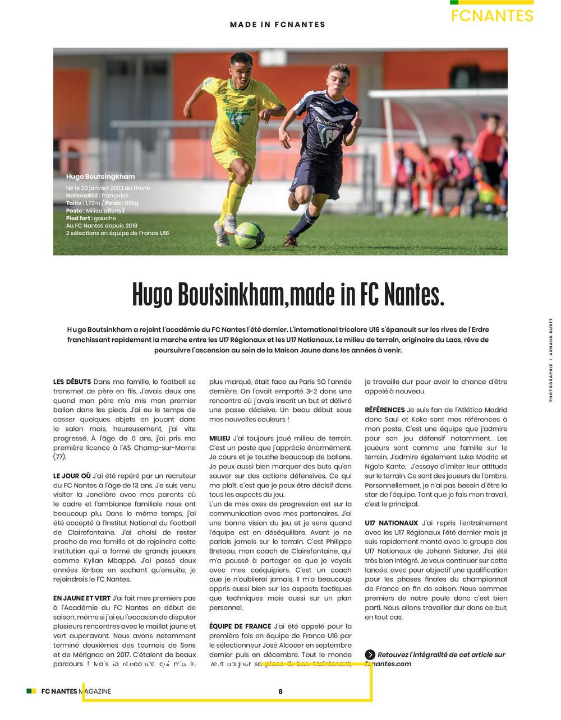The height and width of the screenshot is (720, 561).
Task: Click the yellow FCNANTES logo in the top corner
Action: click(491, 16)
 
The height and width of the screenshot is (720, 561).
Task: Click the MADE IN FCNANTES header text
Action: click(278, 25)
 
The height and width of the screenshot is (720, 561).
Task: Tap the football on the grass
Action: click(249, 235)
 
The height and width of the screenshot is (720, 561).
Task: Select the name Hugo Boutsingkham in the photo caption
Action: click(100, 176)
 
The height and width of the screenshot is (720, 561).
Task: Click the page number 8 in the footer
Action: click(280, 691)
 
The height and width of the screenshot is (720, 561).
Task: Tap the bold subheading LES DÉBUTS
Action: click(72, 382)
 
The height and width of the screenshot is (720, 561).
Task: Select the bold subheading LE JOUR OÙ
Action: click(72, 476)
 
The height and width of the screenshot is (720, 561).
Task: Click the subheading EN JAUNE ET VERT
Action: click(82, 598)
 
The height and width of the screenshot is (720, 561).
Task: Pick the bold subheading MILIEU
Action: click(219, 438)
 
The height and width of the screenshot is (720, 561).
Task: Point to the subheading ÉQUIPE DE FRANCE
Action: click(240, 626)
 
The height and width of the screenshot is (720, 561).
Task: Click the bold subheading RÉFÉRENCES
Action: click(384, 410)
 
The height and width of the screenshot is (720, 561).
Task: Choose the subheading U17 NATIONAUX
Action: click(391, 523)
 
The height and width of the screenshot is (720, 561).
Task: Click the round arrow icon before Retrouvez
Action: click(370, 654)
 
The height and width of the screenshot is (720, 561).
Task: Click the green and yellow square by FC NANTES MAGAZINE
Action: click(31, 691)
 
